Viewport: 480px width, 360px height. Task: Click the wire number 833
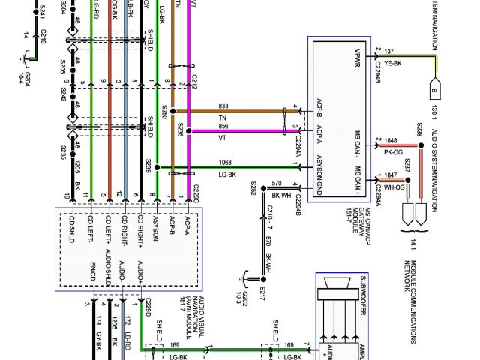tap(223, 106)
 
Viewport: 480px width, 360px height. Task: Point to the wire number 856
tap(223, 126)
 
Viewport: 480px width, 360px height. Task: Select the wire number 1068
tap(225, 162)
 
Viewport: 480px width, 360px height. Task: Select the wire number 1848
tap(390, 140)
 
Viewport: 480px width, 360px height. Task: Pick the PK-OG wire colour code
tap(390, 151)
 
